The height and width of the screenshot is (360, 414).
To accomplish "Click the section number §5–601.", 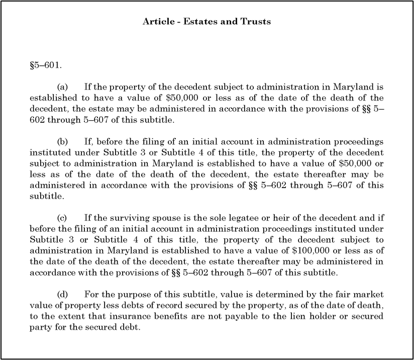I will [45, 65].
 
